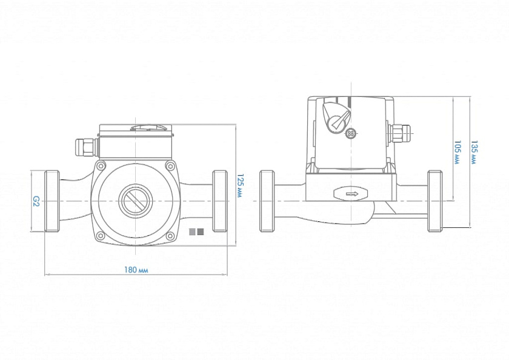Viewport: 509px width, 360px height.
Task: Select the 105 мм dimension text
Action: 456,152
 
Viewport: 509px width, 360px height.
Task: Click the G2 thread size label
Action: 36,199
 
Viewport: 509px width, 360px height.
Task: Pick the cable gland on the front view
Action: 84,145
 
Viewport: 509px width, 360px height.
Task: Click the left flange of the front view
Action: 52,201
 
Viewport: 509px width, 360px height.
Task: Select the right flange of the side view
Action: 434,201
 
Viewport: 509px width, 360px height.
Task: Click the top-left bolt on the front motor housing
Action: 99,165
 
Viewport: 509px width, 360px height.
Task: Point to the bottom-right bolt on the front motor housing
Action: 170,235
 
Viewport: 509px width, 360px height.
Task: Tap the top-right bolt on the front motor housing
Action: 170,165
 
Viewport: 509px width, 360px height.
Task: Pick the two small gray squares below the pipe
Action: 196,231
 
